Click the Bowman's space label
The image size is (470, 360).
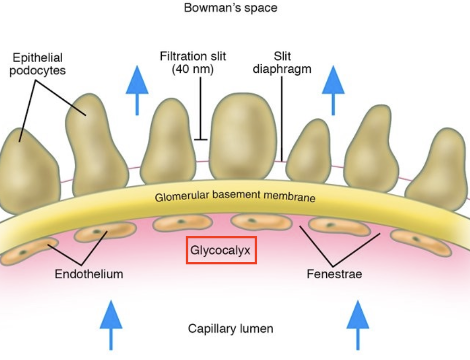[x=231, y=8]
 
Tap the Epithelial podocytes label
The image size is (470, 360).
[x=38, y=64]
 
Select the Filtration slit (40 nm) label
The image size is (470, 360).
[x=193, y=63]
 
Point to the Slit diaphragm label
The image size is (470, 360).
[x=282, y=63]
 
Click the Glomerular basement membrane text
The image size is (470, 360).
[x=235, y=196]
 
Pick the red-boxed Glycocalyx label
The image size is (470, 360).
[x=221, y=250]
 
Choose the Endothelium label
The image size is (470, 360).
[x=89, y=274]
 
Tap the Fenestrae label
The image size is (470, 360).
[x=334, y=274]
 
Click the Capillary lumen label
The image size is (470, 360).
[x=231, y=329]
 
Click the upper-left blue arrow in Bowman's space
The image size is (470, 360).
[x=137, y=90]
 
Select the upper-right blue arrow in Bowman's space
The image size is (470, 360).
[x=333, y=90]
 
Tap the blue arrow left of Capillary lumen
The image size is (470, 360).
[x=111, y=325]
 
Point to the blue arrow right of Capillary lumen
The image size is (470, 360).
[x=358, y=325]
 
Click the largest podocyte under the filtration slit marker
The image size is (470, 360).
[x=243, y=137]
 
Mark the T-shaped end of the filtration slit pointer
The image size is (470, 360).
[x=201, y=140]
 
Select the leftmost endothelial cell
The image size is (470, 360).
[x=29, y=251]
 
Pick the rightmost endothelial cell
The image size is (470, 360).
[x=421, y=242]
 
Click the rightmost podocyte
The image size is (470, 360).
[x=438, y=169]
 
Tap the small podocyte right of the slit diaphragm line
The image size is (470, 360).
[x=309, y=151]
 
